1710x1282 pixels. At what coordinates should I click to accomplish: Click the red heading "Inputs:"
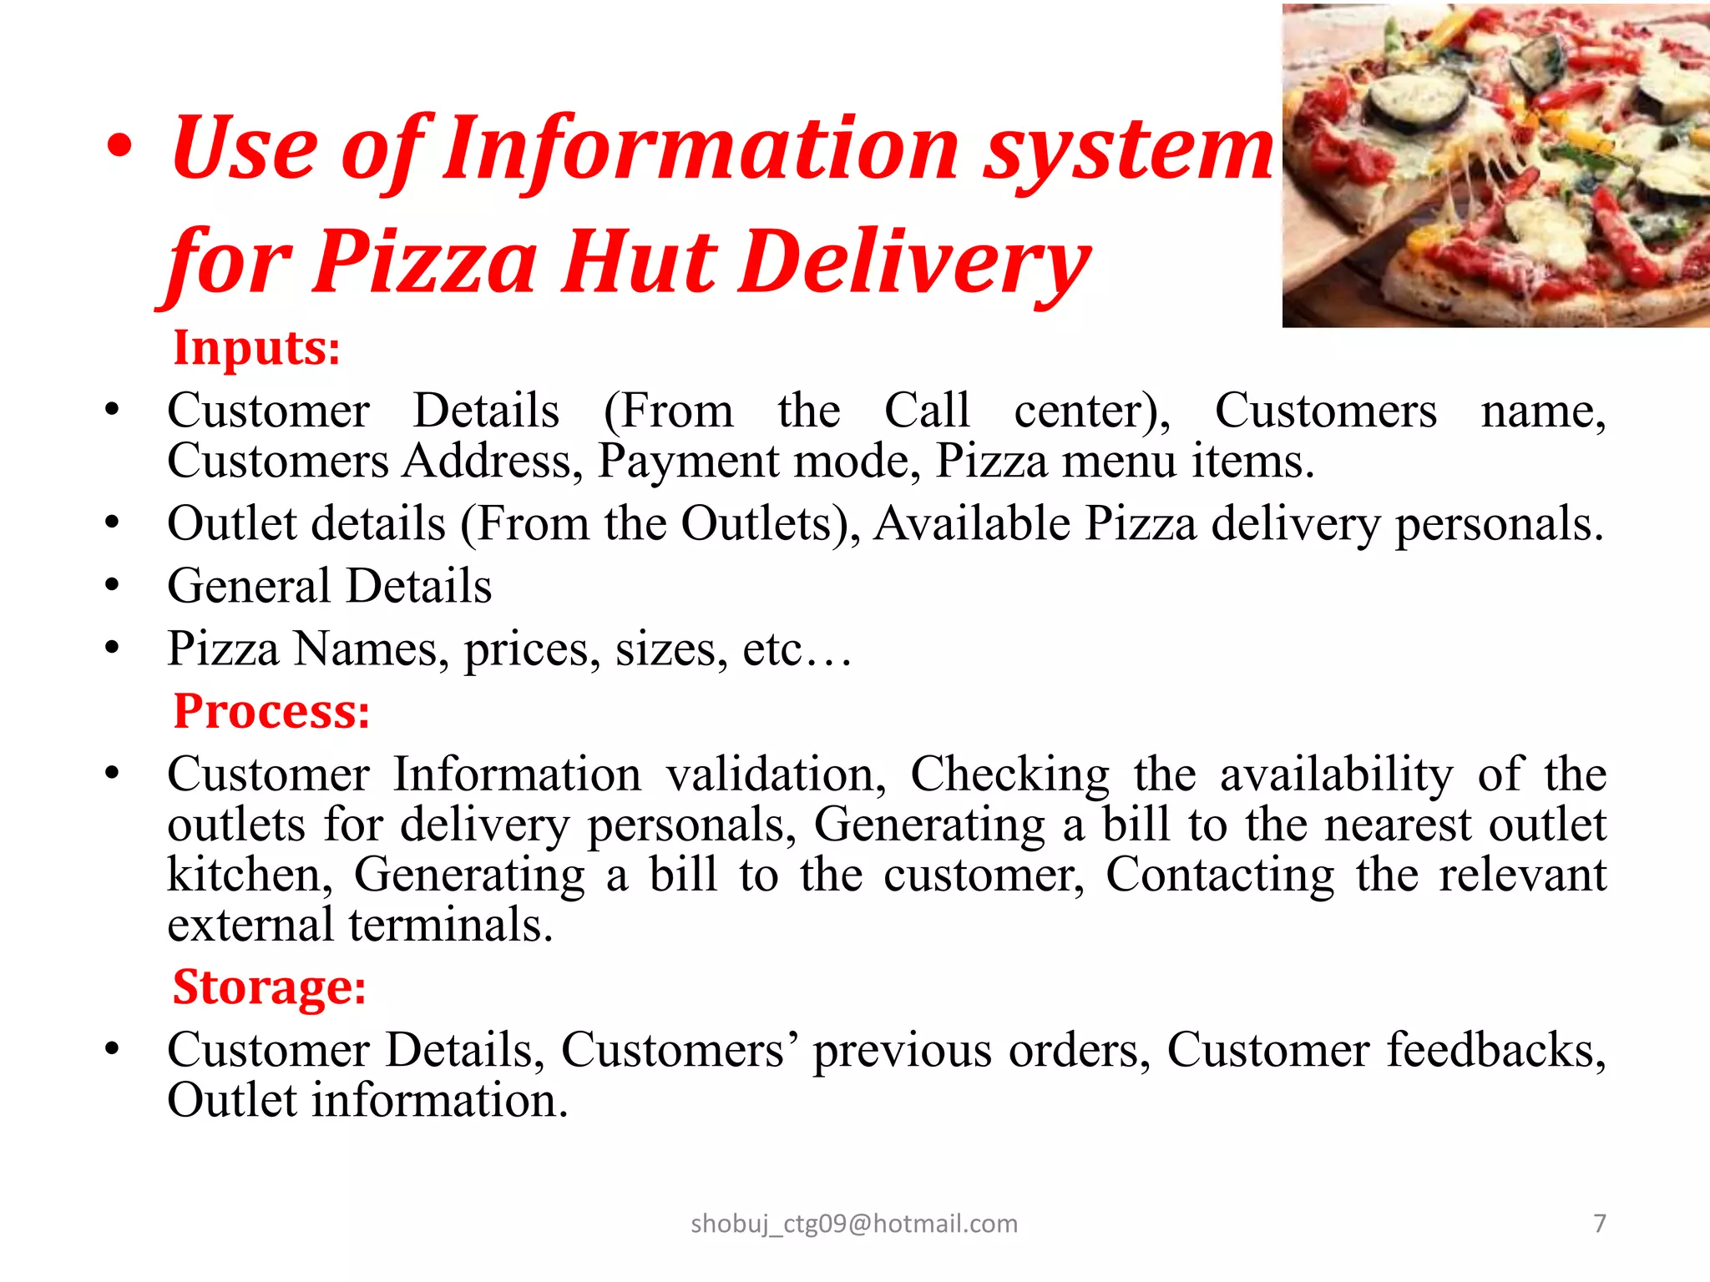coord(256,348)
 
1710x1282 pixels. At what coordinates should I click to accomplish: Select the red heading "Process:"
coord(271,712)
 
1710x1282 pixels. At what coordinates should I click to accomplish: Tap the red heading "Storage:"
coord(269,987)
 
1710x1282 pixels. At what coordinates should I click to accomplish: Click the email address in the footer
coord(854,1224)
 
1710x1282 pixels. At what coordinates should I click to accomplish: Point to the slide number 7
coord(1599,1223)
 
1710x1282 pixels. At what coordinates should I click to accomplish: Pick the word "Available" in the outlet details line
coord(972,524)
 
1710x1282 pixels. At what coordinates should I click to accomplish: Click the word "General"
coord(249,586)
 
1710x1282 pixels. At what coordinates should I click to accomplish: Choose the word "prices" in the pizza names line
coord(532,649)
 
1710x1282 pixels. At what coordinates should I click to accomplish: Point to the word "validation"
coord(776,774)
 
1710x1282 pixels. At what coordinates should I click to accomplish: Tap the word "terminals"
coord(451,925)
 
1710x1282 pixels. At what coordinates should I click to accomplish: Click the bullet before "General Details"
coord(113,586)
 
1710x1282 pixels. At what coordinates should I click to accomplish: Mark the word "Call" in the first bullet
coord(927,411)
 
